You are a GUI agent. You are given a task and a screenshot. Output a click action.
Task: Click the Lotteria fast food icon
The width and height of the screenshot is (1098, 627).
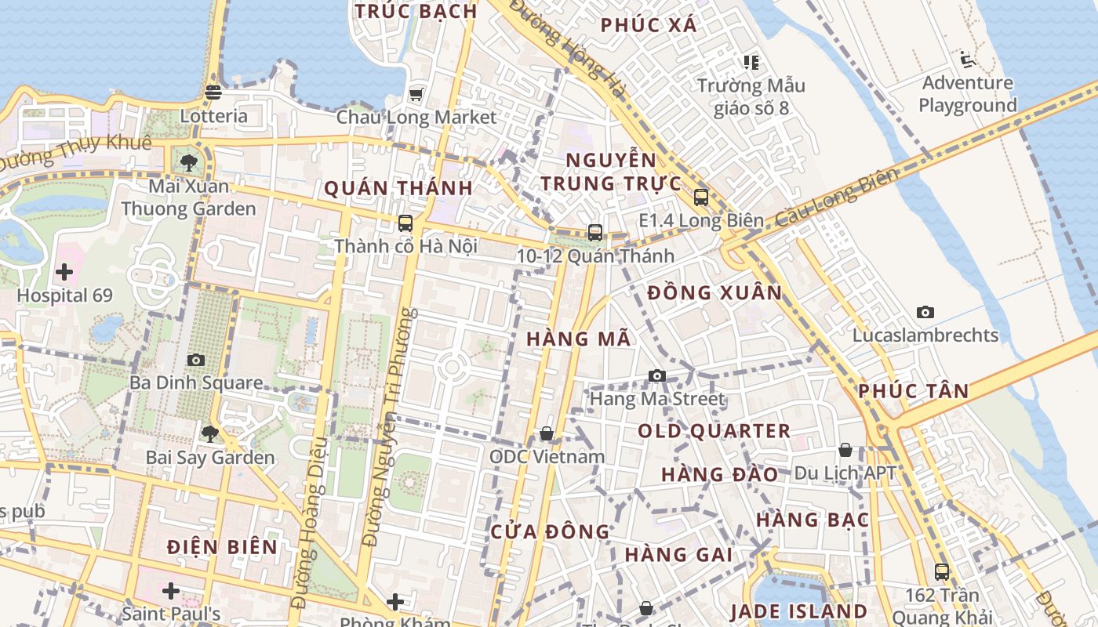coord(213,92)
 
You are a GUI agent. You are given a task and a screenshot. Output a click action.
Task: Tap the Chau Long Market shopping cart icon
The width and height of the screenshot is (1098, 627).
coord(416,95)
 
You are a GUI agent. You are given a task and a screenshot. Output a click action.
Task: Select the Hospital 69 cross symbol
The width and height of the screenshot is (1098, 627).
coord(64,273)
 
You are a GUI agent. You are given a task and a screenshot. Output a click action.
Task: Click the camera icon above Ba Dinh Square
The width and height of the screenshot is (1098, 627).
coord(196,360)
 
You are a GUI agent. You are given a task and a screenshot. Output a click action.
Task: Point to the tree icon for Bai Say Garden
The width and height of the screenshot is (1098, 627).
coord(209,433)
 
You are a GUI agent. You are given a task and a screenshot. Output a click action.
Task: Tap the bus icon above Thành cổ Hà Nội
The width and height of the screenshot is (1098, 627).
coord(405,223)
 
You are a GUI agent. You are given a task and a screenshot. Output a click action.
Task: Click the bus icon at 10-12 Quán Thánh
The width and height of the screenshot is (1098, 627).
coord(595,233)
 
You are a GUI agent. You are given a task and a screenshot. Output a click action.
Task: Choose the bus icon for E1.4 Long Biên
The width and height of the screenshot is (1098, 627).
coord(700,198)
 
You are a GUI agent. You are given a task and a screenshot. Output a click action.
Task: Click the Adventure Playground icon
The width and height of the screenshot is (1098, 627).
coord(967,60)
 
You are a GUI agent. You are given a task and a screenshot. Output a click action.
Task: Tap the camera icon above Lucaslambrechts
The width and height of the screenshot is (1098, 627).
coord(925,312)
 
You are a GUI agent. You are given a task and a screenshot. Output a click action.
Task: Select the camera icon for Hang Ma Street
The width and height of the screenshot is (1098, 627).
coord(657,376)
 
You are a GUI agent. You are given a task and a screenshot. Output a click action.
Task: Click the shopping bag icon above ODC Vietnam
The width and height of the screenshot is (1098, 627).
coord(547,433)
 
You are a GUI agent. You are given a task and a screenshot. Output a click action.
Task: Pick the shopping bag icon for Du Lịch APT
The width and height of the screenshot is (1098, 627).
coord(845,450)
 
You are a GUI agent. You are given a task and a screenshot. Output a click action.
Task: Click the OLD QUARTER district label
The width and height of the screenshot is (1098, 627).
coord(714,431)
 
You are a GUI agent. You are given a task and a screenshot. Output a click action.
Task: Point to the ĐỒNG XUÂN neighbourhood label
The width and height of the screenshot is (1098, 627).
coord(714,293)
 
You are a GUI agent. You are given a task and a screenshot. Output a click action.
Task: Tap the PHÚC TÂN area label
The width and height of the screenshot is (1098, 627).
coord(913,391)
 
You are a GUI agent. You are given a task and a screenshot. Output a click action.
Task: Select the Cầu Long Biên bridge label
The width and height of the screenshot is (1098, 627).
coord(835,199)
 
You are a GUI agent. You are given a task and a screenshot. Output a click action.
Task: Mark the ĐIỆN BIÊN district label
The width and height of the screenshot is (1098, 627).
coord(222,547)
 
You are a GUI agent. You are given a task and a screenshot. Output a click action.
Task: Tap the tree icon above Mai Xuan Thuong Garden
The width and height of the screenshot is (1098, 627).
coord(188,163)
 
